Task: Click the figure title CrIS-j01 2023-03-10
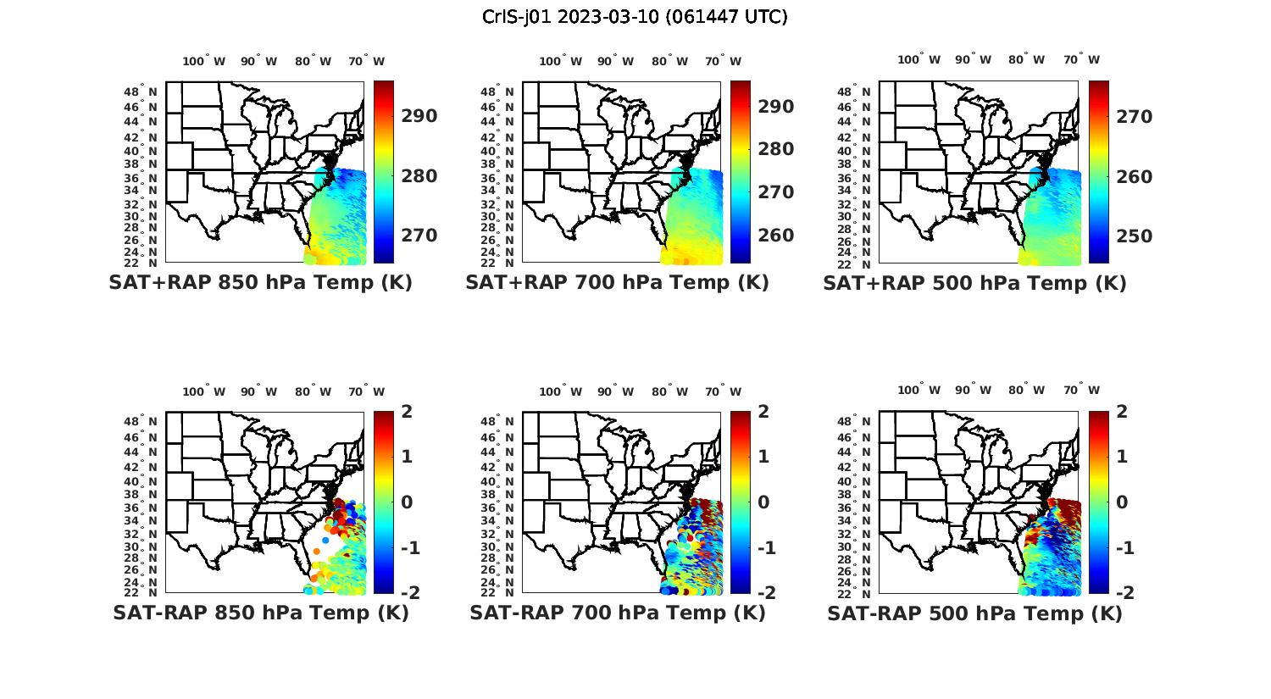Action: pos(635,16)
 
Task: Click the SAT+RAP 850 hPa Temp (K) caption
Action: pos(260,282)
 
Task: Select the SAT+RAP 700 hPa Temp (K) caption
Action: pos(617,282)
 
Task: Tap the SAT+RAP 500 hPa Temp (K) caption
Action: pos(974,283)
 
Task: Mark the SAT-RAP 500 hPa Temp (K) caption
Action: pos(974,613)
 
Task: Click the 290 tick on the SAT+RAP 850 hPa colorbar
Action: pos(419,116)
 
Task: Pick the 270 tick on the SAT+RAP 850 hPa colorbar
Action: pos(419,235)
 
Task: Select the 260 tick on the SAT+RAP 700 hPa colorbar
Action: pos(776,235)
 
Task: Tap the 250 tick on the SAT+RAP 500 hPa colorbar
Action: pos(1134,236)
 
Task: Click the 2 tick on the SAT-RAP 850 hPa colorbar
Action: pos(407,412)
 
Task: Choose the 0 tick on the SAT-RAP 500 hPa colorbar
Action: pos(1122,502)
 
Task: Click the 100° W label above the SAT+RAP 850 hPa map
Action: pos(204,61)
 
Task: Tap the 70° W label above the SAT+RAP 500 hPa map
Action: pos(1080,59)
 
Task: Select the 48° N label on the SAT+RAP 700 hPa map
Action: pos(497,92)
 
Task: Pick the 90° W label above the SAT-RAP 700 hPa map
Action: pos(615,391)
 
